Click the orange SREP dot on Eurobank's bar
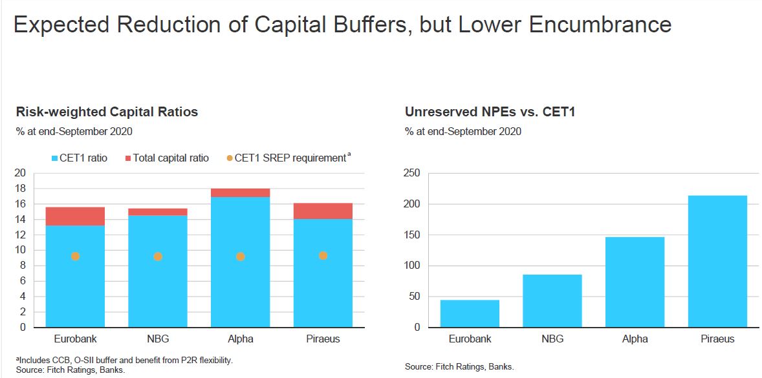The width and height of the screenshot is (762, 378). [x=75, y=257]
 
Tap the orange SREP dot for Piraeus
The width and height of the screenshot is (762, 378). [x=323, y=256]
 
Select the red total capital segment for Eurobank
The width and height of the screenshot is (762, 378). [x=75, y=216]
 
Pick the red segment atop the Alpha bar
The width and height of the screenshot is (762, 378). [x=241, y=193]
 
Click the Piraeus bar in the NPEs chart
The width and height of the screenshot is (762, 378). [x=717, y=261]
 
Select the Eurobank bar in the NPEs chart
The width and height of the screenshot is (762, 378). [x=470, y=313]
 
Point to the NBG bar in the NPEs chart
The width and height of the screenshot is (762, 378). [x=552, y=300]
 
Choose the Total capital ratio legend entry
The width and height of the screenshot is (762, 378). [x=166, y=158]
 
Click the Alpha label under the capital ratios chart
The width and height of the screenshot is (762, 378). [x=241, y=339]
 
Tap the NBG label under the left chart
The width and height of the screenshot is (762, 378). [x=158, y=339]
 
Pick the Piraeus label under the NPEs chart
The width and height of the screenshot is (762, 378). [x=717, y=339]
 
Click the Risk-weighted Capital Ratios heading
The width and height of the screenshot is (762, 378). [x=107, y=112]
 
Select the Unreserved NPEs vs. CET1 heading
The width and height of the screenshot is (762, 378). [x=490, y=112]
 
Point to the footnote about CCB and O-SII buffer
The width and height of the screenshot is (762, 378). [x=124, y=360]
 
